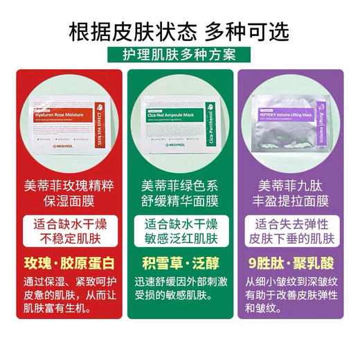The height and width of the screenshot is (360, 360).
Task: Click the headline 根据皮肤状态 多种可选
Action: point(180,31)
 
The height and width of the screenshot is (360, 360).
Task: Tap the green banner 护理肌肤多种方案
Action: point(180,56)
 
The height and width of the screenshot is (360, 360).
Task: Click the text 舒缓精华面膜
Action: point(180,202)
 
